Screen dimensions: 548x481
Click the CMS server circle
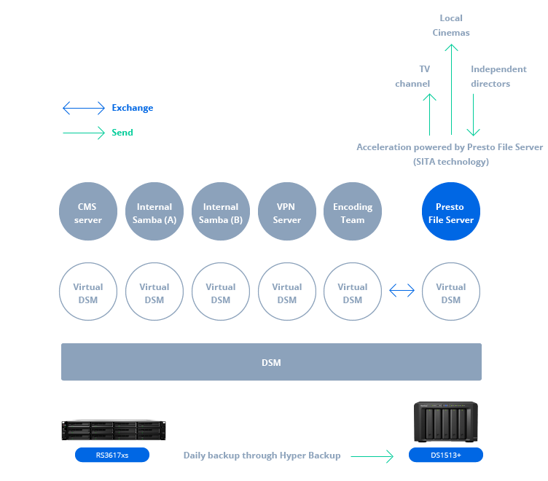[x=88, y=211]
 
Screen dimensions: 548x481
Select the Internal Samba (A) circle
[x=154, y=211]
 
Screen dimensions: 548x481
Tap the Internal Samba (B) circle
[x=221, y=211]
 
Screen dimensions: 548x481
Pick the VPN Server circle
[x=287, y=211]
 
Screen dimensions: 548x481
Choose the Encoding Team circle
[x=353, y=211]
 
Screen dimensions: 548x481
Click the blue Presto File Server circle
[x=451, y=211]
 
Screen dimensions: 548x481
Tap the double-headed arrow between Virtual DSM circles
[x=402, y=290]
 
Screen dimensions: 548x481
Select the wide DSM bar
[x=271, y=361]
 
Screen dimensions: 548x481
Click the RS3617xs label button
[x=112, y=455]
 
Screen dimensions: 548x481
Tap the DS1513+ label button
[x=446, y=455]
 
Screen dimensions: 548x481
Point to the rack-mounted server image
[x=114, y=430]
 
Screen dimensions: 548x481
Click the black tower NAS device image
[x=445, y=422]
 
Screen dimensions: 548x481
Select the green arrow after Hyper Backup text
[x=372, y=456]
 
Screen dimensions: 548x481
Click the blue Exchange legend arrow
[x=84, y=108]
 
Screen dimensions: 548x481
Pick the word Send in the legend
[x=122, y=133]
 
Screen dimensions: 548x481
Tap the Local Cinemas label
[x=451, y=26]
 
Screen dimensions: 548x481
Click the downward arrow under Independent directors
[x=473, y=114]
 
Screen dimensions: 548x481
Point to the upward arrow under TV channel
[x=429, y=114]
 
